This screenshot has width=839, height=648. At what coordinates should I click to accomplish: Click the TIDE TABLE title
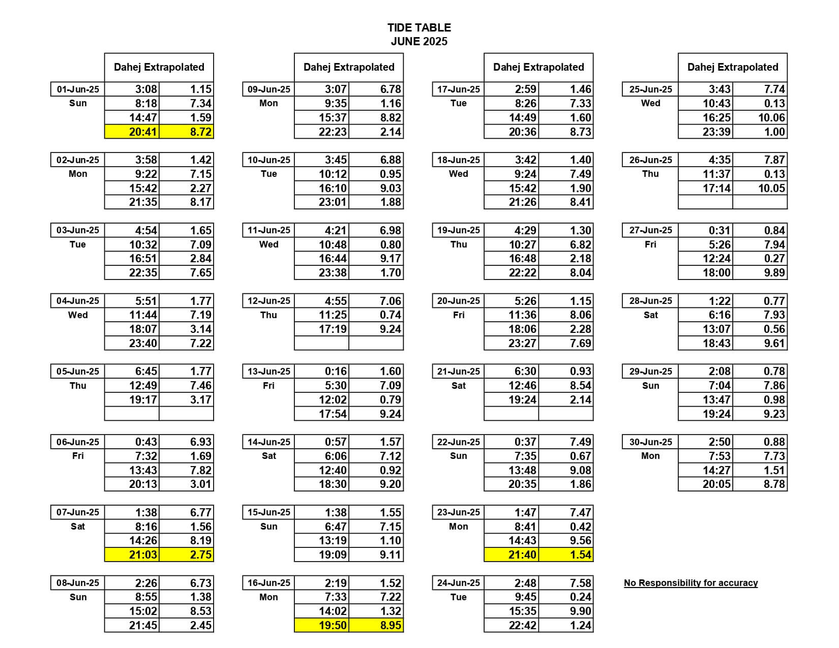coord(419,28)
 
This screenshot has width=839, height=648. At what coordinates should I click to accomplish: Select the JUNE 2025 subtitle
coord(419,42)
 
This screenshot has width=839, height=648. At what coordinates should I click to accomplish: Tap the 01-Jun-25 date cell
coord(78,89)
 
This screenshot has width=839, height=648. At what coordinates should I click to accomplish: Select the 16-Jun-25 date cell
coord(269,583)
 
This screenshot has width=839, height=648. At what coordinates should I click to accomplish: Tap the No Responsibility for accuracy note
coord(691,583)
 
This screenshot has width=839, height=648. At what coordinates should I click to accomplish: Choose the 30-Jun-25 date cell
coord(651,442)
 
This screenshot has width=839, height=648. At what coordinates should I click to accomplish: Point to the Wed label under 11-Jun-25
coord(268,244)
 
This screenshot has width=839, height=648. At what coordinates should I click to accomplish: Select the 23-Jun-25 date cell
coord(459,512)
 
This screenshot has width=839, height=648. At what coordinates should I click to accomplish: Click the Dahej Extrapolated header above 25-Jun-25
coord(733,67)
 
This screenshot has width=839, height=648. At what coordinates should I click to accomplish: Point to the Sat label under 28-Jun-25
coord(651,315)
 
